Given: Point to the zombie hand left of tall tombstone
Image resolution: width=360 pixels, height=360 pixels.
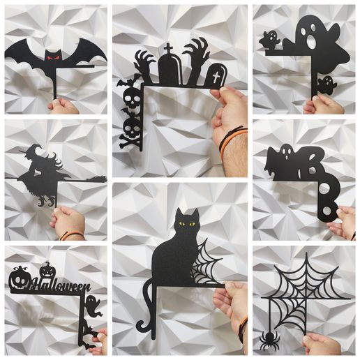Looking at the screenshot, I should pyautogui.click(x=145, y=66).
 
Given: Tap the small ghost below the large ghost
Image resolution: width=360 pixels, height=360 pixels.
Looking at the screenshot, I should pyautogui.click(x=326, y=85).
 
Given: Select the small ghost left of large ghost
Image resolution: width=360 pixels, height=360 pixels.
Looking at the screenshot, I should pyautogui.click(x=269, y=40).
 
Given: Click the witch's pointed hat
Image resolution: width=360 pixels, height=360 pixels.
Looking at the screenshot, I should pyautogui.click(x=34, y=151).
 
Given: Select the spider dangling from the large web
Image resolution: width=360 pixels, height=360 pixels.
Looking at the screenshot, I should pyautogui.click(x=269, y=340).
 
